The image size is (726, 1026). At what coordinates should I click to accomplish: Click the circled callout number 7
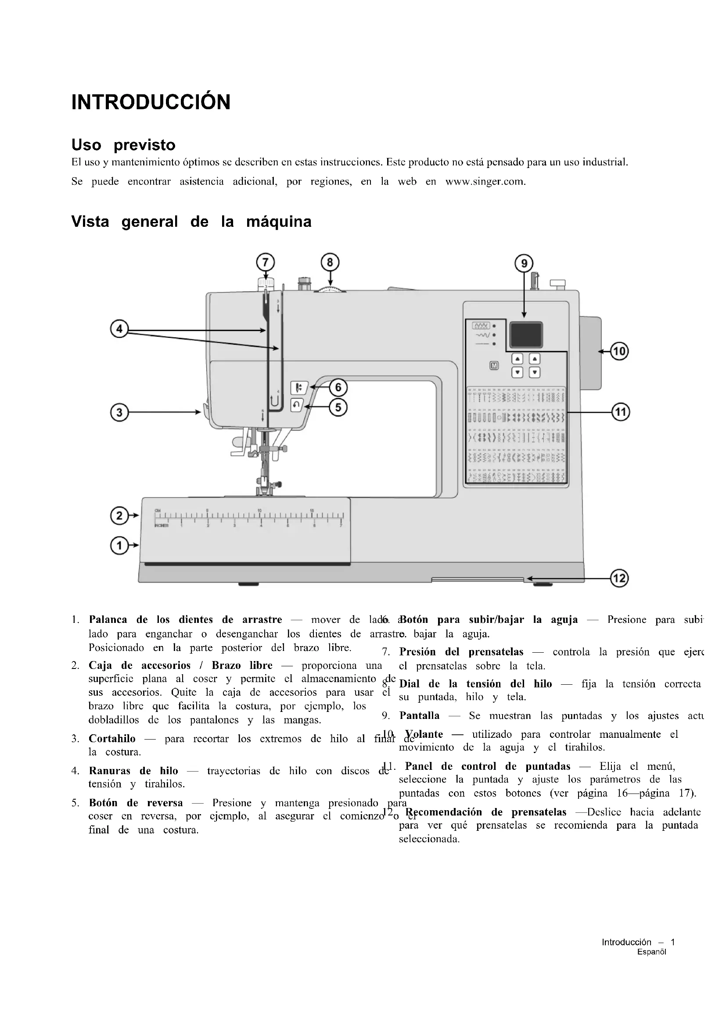[265, 262]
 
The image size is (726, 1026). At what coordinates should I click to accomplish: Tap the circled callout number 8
[330, 262]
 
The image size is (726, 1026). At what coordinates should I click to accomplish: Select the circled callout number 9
[524, 264]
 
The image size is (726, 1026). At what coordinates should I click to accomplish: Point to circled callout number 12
[620, 578]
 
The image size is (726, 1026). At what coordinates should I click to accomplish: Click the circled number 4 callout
[119, 330]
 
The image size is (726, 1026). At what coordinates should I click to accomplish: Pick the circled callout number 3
[119, 412]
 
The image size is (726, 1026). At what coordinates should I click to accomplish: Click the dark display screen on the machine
[526, 334]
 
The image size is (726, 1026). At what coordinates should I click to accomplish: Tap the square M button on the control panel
[494, 365]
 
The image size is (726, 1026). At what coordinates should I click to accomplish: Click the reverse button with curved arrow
[297, 405]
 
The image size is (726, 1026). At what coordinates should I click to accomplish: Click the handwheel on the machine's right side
[590, 353]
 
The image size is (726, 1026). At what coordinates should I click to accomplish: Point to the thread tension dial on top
[331, 290]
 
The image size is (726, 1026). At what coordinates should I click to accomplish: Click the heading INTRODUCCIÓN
[151, 102]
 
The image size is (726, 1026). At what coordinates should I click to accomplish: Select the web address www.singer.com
[485, 182]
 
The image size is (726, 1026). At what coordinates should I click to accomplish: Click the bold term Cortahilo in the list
[112, 739]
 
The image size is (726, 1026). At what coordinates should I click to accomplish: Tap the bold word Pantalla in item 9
[419, 715]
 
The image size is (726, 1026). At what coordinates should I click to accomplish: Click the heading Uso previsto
[123, 145]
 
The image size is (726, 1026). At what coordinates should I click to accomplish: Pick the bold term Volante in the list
[424, 734]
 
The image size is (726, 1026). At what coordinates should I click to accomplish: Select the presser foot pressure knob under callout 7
[266, 283]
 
